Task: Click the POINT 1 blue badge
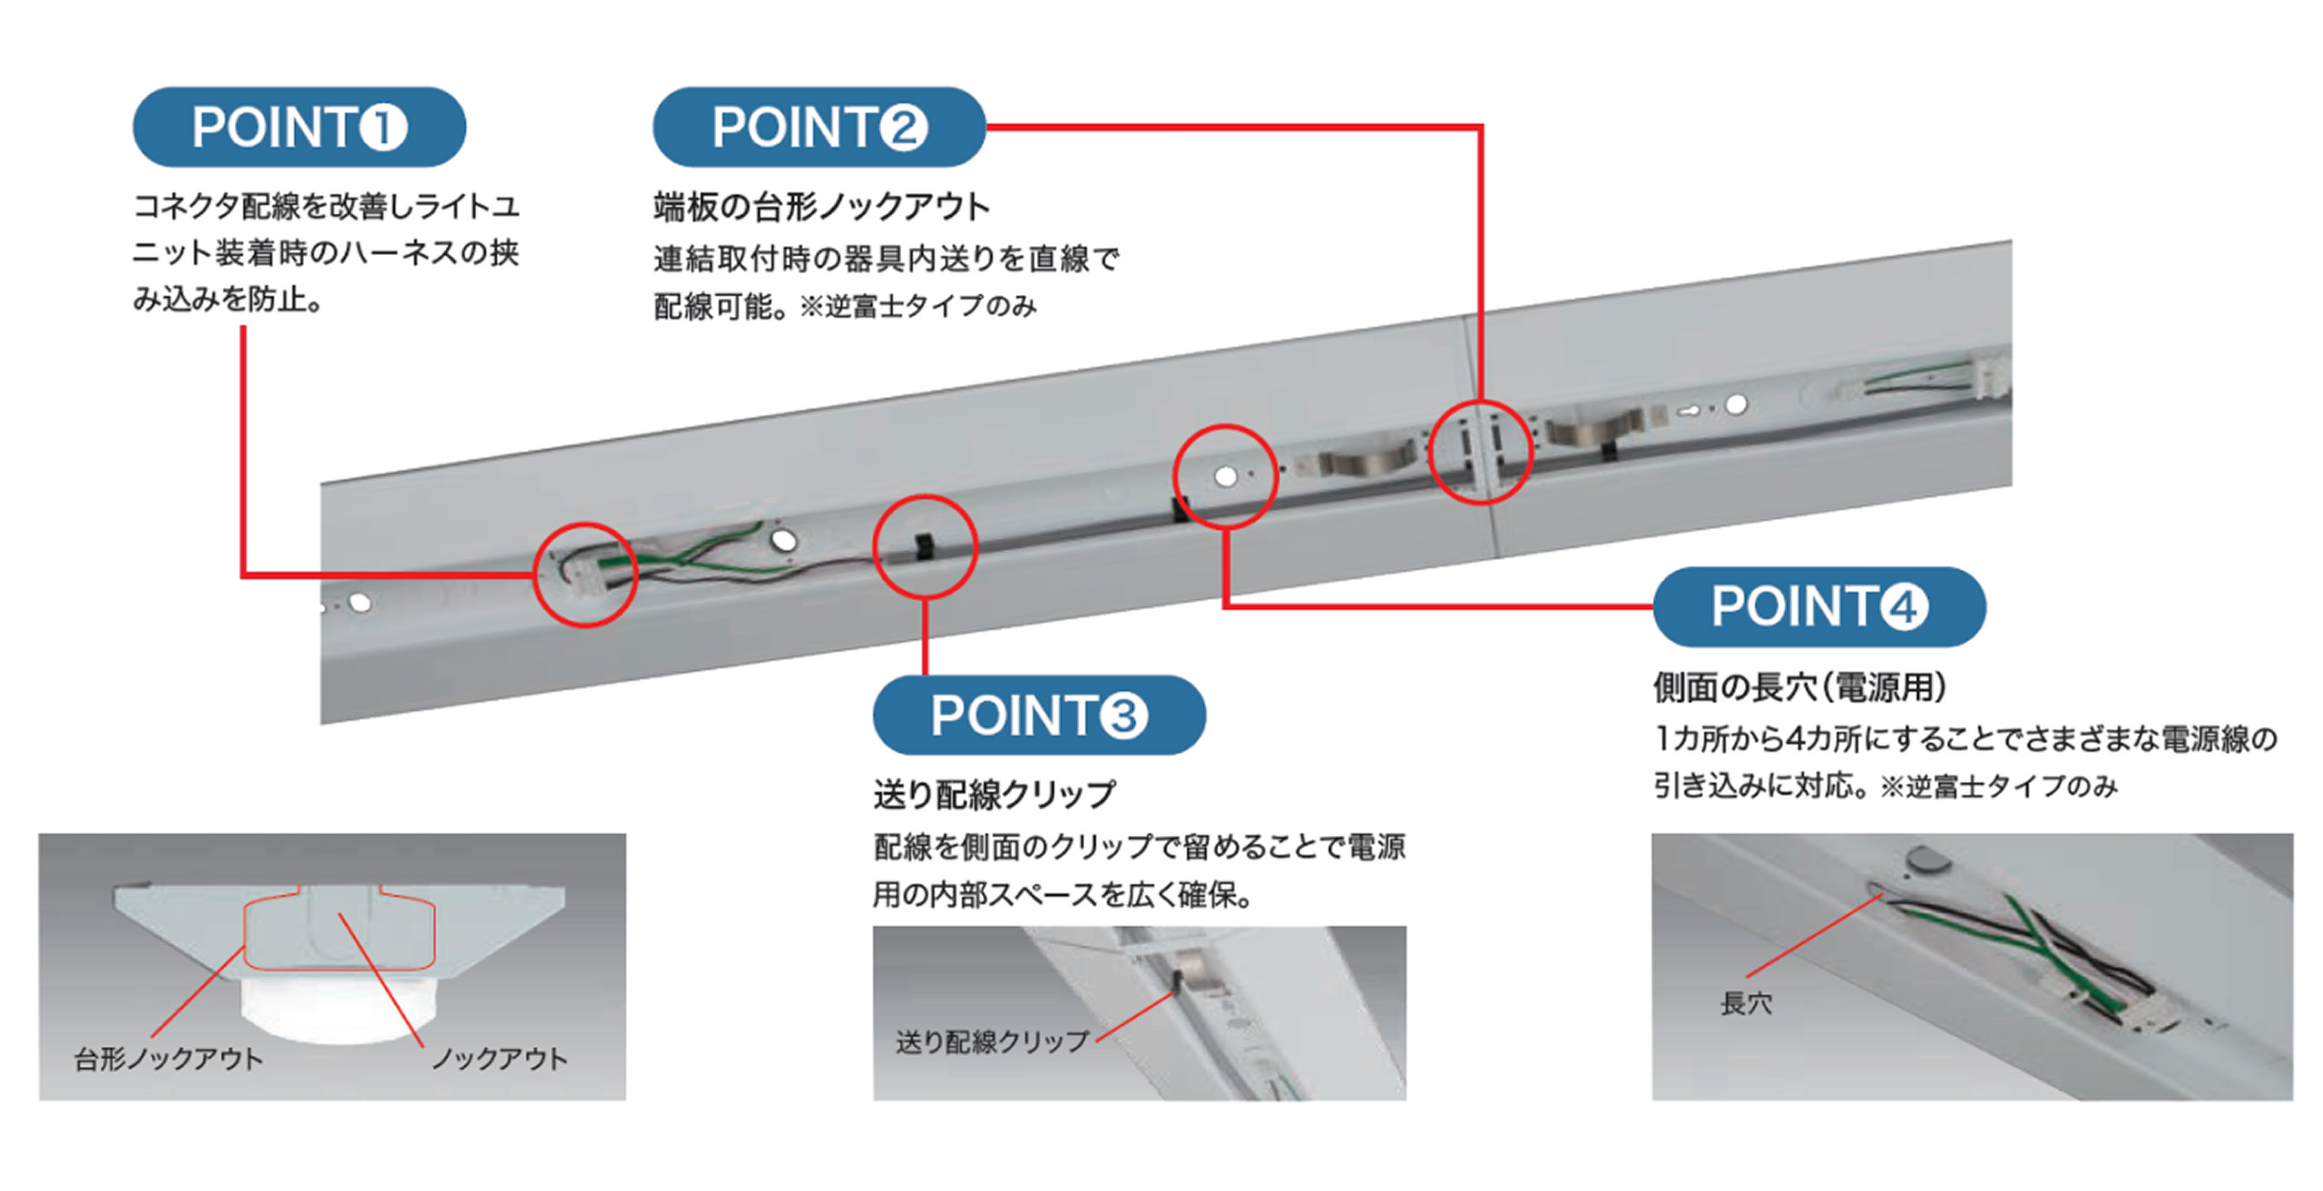pyautogui.click(x=299, y=127)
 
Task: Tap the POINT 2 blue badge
pyautogui.click(x=818, y=127)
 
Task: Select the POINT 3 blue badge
pyautogui.click(x=1039, y=715)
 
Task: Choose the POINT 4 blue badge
pyautogui.click(x=1818, y=606)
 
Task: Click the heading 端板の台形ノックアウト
pyautogui.click(x=821, y=207)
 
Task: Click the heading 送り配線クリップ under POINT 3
pyautogui.click(x=994, y=795)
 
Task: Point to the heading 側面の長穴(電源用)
pyautogui.click(x=1799, y=687)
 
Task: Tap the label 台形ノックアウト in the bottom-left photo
pyautogui.click(x=169, y=1058)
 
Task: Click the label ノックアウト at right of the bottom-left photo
pyautogui.click(x=499, y=1058)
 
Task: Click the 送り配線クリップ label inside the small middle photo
pyautogui.click(x=992, y=1042)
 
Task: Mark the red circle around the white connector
pyautogui.click(x=585, y=575)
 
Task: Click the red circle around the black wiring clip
pyautogui.click(x=925, y=546)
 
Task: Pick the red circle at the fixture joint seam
pyautogui.click(x=1480, y=451)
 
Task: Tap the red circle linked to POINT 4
pyautogui.click(x=1225, y=477)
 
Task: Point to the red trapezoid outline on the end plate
pyautogui.click(x=338, y=930)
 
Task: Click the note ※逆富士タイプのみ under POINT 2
pyautogui.click(x=917, y=307)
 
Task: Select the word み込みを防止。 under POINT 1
pyautogui.click(x=228, y=299)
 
